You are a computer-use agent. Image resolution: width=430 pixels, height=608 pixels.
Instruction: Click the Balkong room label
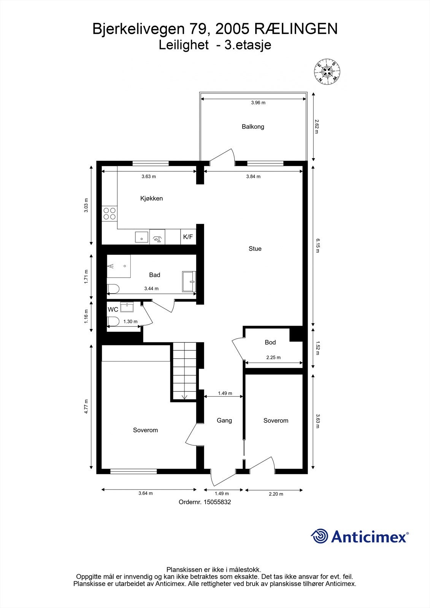point(253,127)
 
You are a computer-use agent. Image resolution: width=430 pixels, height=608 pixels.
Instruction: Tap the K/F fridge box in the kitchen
point(188,237)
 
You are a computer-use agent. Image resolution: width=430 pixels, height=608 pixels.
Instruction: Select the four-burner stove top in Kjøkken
point(109,213)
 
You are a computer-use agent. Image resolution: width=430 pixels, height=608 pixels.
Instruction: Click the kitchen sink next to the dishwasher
point(142,237)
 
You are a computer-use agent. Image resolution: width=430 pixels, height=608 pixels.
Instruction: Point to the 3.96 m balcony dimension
point(258,103)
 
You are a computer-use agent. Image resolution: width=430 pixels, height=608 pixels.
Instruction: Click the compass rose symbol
point(327,72)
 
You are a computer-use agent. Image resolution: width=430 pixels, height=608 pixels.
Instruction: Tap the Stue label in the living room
point(255,249)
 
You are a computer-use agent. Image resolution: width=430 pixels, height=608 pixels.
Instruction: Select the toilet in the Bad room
point(113,289)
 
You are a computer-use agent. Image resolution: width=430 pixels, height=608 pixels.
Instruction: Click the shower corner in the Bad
point(118,266)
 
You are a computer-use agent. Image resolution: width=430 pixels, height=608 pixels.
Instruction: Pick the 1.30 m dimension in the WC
point(130,321)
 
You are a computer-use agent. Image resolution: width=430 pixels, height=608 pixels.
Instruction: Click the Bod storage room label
point(270,342)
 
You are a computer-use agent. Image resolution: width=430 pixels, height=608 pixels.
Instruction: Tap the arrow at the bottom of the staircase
point(185,397)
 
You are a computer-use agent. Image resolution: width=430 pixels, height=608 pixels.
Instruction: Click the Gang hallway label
point(224,420)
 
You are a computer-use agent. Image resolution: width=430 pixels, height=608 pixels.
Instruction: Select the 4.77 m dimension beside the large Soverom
point(86,407)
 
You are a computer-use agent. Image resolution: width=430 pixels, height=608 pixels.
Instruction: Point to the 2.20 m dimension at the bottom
point(276,494)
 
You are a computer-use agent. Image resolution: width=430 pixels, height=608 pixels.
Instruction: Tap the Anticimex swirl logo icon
point(319,536)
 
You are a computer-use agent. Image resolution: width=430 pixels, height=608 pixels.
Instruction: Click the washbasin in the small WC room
point(125,307)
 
